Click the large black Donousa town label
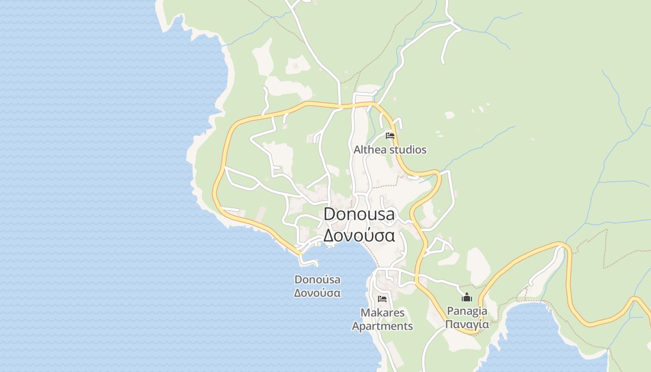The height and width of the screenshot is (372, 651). pos(359,214)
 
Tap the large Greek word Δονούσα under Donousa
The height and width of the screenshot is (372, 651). pos(359,235)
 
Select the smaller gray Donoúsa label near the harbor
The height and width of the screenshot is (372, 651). pos(317,279)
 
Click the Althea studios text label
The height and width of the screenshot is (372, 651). pos(390,150)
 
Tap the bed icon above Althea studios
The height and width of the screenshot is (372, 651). pos(390,136)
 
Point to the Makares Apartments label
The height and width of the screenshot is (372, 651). pos(382,319)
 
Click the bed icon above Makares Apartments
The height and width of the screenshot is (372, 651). pos(382,299)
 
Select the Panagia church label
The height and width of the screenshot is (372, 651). pos(467,311)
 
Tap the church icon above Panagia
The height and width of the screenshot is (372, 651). pos(467,297)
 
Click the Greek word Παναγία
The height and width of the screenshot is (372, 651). pos(467,324)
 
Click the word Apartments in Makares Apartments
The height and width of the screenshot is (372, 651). pos(382,326)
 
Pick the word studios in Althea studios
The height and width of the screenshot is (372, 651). pos(408,150)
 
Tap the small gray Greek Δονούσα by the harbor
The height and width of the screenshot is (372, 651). pos(317,293)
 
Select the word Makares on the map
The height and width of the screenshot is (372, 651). pos(382,312)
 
